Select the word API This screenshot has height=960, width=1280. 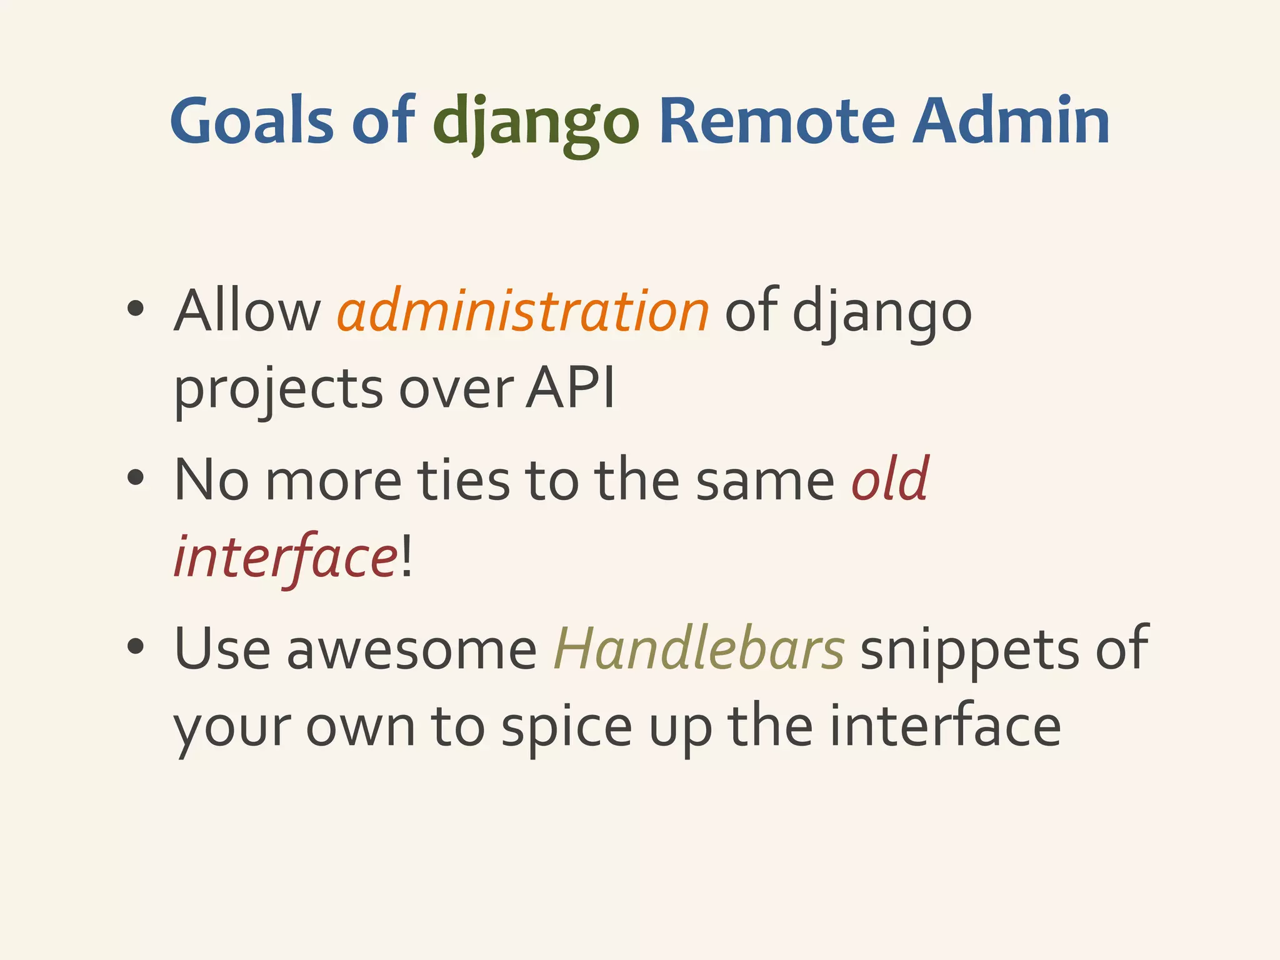570,388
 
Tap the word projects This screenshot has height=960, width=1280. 278,391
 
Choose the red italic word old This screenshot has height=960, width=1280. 891,479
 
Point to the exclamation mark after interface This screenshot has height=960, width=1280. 406,556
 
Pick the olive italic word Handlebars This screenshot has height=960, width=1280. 699,649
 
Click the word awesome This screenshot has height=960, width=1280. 411,650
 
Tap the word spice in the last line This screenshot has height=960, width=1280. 566,728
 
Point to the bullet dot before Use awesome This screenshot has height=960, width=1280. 135,647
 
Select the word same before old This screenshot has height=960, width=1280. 765,481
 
